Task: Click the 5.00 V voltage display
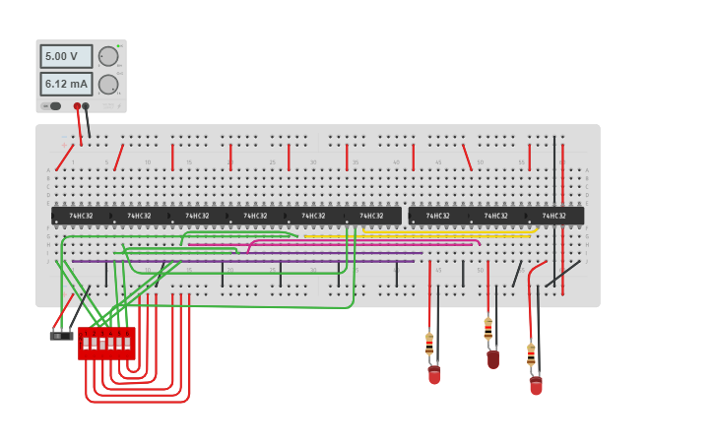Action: (66, 56)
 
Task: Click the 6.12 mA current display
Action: (66, 84)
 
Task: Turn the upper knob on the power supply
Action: (107, 56)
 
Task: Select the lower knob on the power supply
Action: (107, 84)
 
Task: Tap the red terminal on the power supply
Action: (77, 105)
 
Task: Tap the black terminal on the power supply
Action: (86, 105)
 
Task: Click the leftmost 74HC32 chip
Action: (81, 216)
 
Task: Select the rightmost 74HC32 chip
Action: (554, 216)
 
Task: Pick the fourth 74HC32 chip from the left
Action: (255, 216)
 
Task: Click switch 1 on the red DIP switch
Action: (86, 344)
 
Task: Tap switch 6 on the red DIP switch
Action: (128, 344)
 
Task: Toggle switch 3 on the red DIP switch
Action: (102, 344)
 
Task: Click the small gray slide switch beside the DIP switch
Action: (61, 336)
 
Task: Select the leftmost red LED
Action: (434, 374)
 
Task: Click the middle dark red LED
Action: (492, 359)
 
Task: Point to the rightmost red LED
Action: (536, 385)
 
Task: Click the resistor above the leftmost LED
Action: (429, 344)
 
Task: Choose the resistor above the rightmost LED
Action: (531, 354)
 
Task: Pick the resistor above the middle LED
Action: (487, 329)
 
